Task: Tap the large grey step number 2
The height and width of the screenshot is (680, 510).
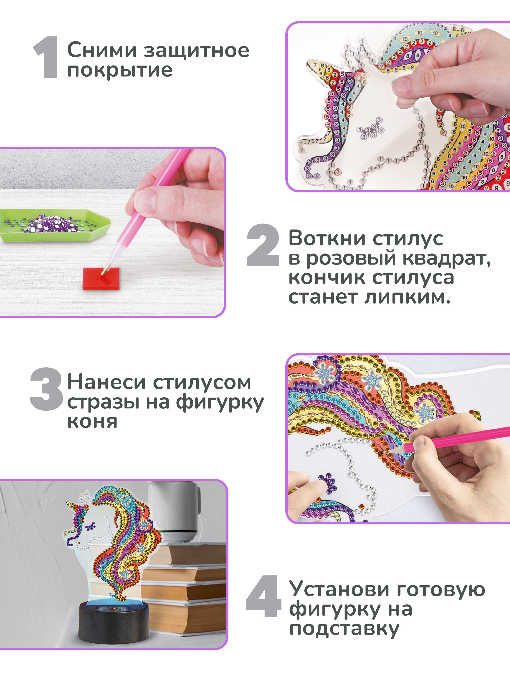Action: (263, 245)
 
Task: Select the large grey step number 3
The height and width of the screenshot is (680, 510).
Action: (46, 389)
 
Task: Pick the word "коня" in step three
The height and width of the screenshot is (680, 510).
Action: (92, 422)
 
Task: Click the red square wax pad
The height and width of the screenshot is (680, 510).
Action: (101, 278)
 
